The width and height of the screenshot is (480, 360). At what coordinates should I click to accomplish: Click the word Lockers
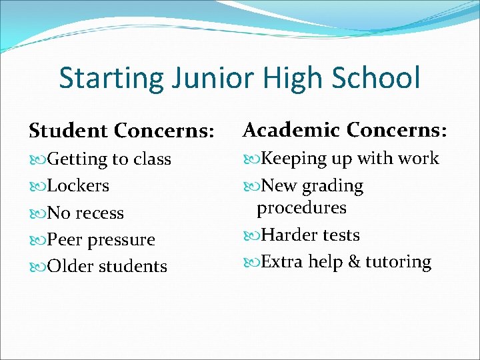tap(79, 186)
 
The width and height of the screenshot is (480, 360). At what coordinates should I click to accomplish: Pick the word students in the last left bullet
tap(133, 266)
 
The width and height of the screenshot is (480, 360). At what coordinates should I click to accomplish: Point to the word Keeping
tap(294, 159)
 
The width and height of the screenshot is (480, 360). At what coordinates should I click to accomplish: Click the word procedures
tap(302, 207)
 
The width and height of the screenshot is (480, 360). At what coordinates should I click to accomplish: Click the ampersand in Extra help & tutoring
tap(354, 261)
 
